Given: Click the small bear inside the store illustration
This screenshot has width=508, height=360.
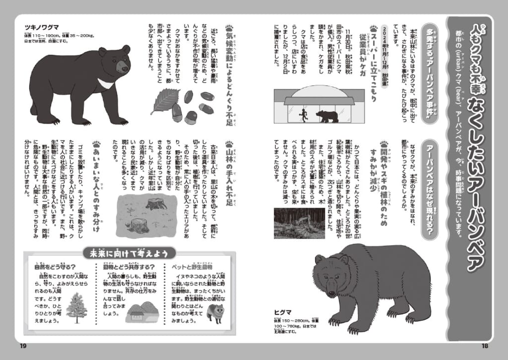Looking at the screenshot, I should [x=327, y=117].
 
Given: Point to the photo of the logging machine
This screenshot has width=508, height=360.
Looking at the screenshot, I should [x=299, y=223].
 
